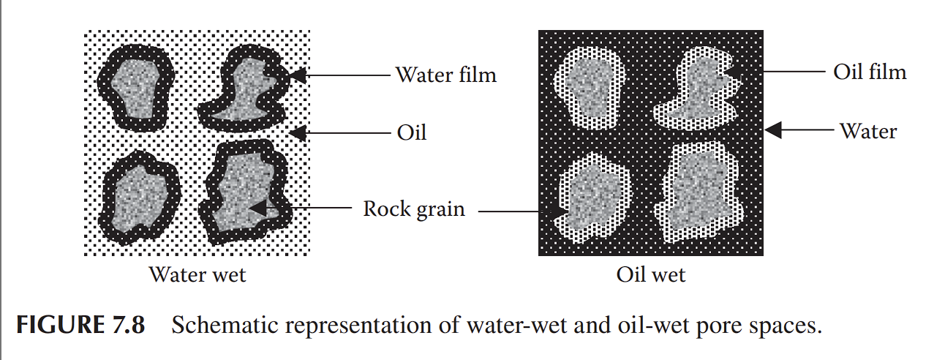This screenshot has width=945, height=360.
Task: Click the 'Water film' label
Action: pyautogui.click(x=445, y=75)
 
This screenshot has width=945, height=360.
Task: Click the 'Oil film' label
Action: pyautogui.click(x=870, y=72)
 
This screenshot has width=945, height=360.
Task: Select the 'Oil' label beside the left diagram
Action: pyautogui.click(x=411, y=132)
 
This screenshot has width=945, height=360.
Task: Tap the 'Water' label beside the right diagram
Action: pyautogui.click(x=867, y=131)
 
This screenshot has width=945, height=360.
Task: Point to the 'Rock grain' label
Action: pyautogui.click(x=414, y=209)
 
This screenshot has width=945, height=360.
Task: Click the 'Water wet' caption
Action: pyautogui.click(x=197, y=275)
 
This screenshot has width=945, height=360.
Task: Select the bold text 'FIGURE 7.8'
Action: pyautogui.click(x=80, y=325)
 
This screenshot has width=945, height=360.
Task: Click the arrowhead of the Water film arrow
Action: pyautogui.click(x=297, y=75)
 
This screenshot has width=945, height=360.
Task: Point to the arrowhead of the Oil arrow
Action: pyautogui.click(x=297, y=132)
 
